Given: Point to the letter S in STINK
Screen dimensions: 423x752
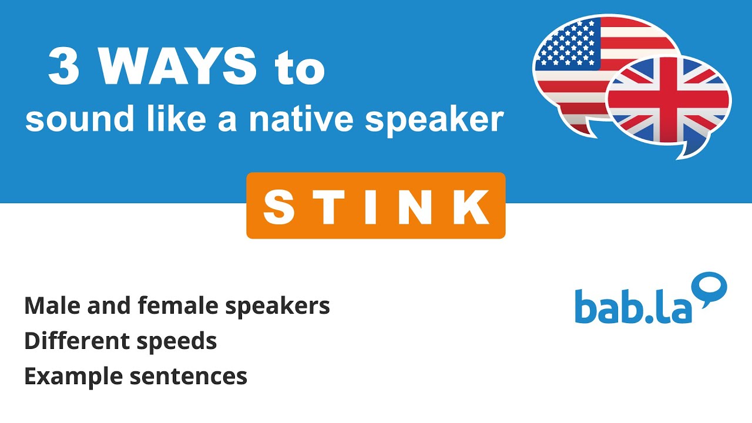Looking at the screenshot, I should pos(278,206).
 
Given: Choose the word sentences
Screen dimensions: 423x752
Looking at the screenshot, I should pos(189,377).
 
